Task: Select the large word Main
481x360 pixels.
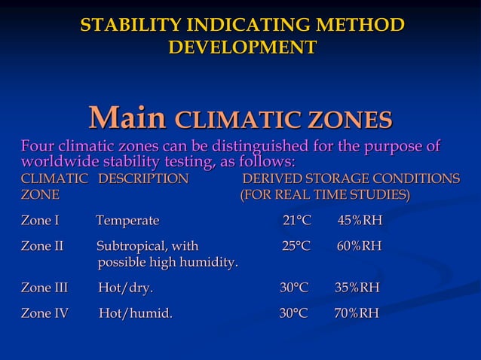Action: click(127, 118)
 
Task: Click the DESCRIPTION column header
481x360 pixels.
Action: click(143, 179)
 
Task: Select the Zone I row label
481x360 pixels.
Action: click(40, 221)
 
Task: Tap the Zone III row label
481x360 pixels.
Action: click(44, 288)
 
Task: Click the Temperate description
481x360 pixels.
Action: click(127, 221)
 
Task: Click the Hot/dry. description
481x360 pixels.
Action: click(125, 288)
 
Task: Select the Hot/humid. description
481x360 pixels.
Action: click(135, 313)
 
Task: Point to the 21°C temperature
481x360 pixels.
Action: click(296, 221)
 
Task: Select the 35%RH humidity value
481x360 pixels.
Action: click(357, 288)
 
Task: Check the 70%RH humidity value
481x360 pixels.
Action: click(357, 313)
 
